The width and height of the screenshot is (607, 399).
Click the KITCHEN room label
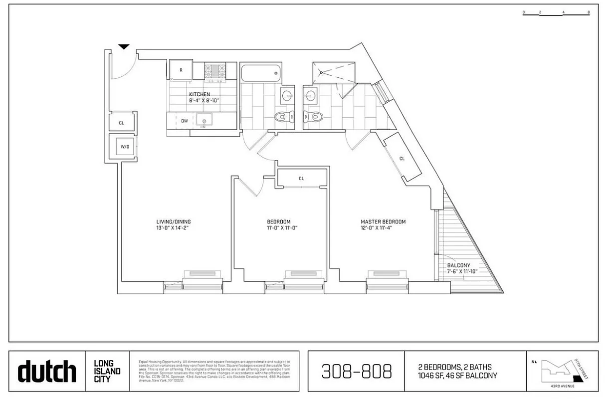[x=199, y=94]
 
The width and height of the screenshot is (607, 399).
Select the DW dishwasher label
[x=184, y=121]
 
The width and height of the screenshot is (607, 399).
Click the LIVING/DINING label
[x=174, y=222]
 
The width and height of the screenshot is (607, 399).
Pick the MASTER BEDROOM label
[x=383, y=222]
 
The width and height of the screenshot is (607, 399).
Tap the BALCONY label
[x=458, y=265]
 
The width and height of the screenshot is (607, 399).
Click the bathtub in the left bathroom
[x=260, y=73]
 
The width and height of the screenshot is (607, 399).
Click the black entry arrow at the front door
[x=124, y=47]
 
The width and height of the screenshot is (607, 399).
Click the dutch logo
[x=47, y=372]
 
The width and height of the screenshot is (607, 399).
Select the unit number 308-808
[x=356, y=371]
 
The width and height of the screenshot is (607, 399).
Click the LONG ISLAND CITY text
[x=107, y=371]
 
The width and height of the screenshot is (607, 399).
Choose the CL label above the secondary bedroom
[x=301, y=179]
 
